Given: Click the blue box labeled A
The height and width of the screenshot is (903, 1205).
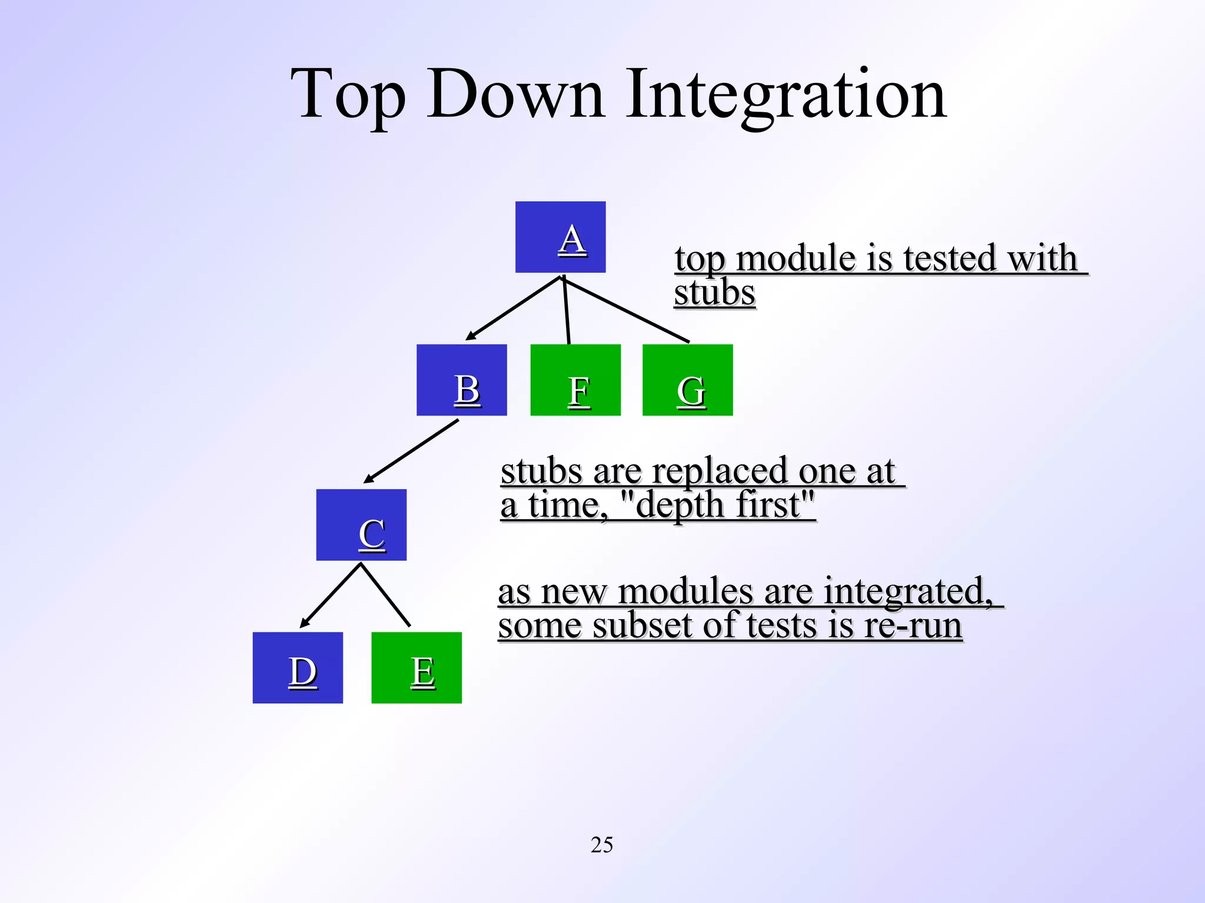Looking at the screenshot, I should [x=560, y=237].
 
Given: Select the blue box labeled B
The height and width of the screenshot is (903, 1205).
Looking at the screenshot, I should [x=461, y=380].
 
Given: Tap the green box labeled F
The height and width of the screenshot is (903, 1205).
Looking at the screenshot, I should [x=575, y=380].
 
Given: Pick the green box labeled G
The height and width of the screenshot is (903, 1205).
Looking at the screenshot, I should [x=687, y=380].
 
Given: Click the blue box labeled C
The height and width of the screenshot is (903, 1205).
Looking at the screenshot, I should [x=361, y=524].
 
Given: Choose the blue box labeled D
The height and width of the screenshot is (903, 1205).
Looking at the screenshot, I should [x=298, y=667].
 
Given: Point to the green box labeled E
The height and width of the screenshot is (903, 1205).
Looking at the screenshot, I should [x=417, y=667].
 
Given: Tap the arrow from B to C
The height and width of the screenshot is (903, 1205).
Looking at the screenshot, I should [x=411, y=451].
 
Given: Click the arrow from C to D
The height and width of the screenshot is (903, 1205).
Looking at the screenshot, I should [x=331, y=595].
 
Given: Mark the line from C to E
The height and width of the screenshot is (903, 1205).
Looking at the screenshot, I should [x=385, y=594].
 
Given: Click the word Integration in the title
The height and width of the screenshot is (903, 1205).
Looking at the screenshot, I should [x=785, y=96].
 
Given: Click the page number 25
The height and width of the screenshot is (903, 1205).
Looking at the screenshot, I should [x=601, y=845].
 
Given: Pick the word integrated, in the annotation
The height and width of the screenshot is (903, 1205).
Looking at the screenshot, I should [x=908, y=591].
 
